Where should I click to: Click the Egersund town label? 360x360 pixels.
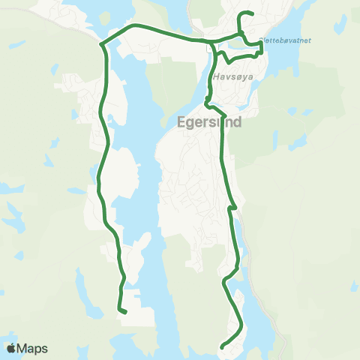[x=209, y=123]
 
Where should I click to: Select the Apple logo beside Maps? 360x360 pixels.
[x=11, y=348]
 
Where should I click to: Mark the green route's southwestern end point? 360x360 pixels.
[x=125, y=311]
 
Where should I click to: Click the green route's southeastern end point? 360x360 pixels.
[x=222, y=346]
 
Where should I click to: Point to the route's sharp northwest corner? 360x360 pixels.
[x=101, y=44]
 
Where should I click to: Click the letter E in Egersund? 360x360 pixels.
[x=181, y=124]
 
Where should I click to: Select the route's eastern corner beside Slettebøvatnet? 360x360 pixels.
[x=261, y=43]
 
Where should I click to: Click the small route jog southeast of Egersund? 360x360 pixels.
[x=233, y=207]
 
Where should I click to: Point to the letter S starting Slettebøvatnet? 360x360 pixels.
[x=260, y=40]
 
